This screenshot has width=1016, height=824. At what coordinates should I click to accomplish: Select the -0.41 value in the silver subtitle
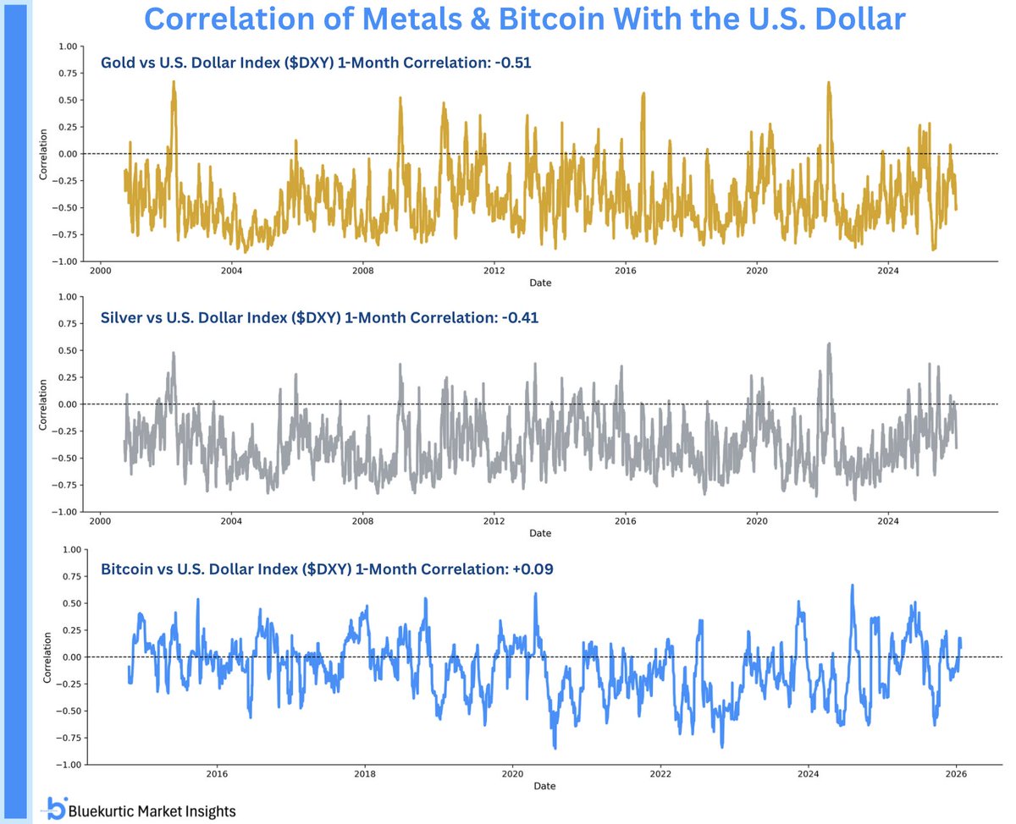[x=518, y=318]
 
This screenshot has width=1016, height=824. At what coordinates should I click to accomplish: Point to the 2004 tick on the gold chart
[x=231, y=271]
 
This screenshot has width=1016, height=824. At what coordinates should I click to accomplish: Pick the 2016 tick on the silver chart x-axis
[x=625, y=521]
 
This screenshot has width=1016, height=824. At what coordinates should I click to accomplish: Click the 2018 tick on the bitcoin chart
[x=365, y=774]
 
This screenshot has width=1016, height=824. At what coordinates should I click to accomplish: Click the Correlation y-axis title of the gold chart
[x=45, y=154]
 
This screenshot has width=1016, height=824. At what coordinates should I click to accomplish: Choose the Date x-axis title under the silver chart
[x=540, y=534]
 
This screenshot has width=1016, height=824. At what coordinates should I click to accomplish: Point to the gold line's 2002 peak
[x=174, y=82]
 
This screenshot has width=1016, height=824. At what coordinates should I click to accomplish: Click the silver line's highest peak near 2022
[x=829, y=343]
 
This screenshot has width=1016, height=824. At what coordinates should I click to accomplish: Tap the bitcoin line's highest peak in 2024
[x=852, y=585]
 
